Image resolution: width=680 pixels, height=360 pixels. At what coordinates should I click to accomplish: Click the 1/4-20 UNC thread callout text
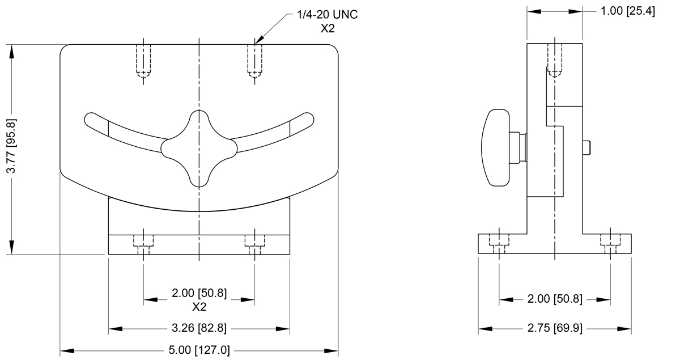coord(328,15)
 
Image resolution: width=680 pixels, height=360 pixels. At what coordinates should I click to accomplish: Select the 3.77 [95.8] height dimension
coord(11,146)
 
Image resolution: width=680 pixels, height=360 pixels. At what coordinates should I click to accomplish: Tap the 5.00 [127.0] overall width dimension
coord(199,350)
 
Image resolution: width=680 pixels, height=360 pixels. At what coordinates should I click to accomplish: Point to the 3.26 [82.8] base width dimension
coord(199,328)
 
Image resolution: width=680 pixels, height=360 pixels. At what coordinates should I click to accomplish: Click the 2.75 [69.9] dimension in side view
coord(555,328)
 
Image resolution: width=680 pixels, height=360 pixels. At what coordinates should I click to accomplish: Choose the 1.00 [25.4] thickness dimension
coord(628,11)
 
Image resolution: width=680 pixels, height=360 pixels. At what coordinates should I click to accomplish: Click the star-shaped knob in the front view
coord(199,149)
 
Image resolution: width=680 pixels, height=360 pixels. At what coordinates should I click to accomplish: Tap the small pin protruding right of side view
coord(586,147)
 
